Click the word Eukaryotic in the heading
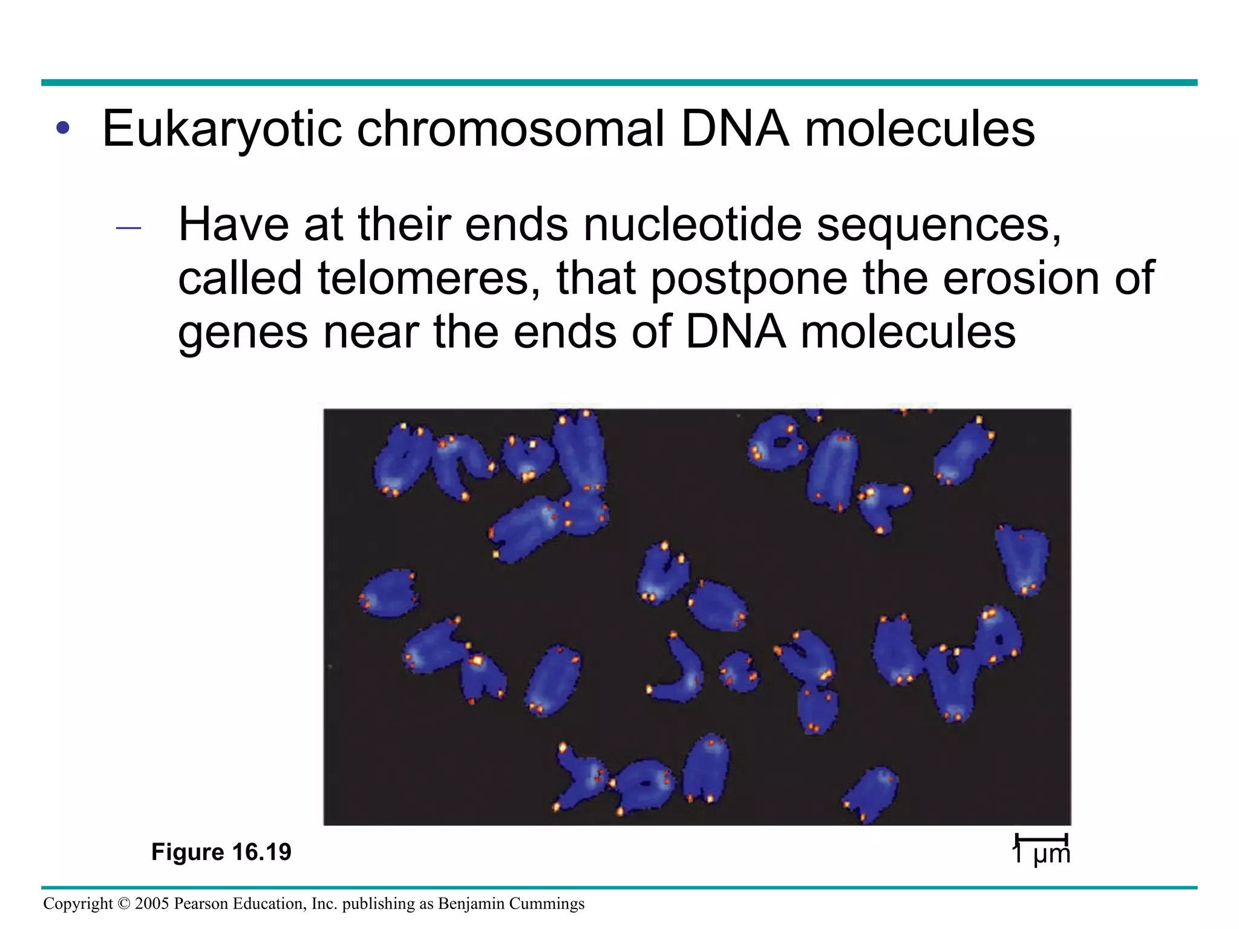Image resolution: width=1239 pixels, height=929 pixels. [x=223, y=129]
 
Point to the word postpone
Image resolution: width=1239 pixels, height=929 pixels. [x=749, y=278]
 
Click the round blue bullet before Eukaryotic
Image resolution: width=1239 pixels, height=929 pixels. [x=62, y=128]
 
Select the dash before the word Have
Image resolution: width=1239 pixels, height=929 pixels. [x=128, y=228]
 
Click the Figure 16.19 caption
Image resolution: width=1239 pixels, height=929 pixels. [x=221, y=852]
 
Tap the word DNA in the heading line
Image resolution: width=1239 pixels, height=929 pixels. [x=735, y=129]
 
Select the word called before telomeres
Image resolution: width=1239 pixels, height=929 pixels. [x=240, y=278]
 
